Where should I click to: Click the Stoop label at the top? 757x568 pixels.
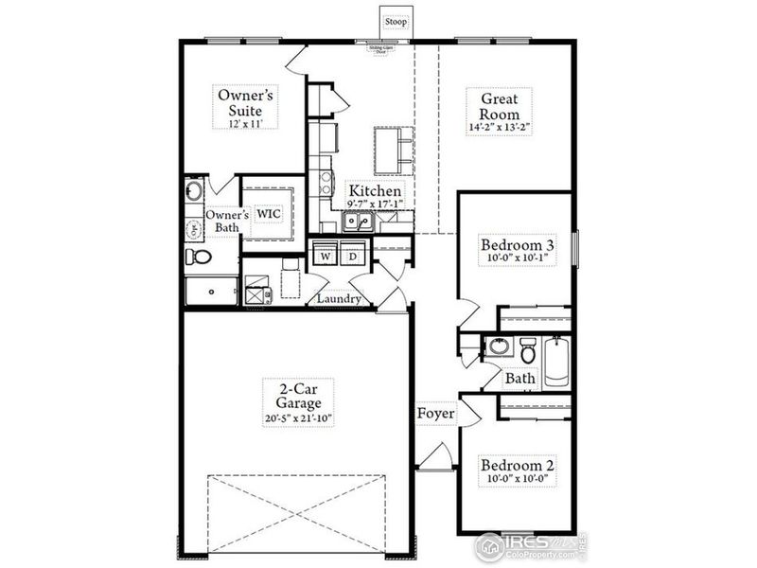pos(395,20)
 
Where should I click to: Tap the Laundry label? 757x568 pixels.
pos(340,299)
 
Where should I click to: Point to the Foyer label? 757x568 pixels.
pos(436,414)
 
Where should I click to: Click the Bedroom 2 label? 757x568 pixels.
pos(517,466)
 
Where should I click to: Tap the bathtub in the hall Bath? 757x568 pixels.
pos(555,361)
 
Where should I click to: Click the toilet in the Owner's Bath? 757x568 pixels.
pos(199,257)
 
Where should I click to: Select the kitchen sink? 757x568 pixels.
pos(357,222)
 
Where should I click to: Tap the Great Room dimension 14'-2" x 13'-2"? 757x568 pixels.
pos(499,126)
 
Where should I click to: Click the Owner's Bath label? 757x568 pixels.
pos(227,222)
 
